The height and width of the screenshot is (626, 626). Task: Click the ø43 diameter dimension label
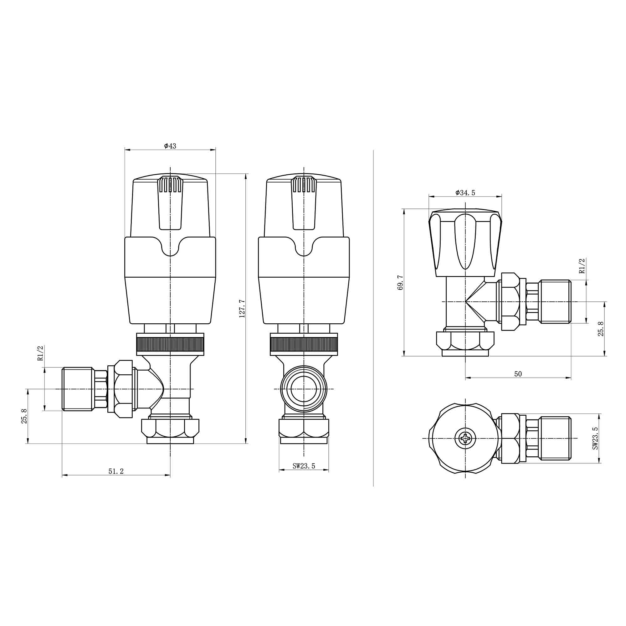pyautogui.click(x=170, y=146)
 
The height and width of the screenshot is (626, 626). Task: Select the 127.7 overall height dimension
pyautogui.click(x=242, y=309)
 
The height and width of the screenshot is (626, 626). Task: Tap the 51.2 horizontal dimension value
pyautogui.click(x=116, y=471)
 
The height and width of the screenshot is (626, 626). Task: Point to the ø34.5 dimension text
pyautogui.click(x=465, y=193)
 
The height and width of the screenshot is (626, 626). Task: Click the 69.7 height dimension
pyautogui.click(x=401, y=283)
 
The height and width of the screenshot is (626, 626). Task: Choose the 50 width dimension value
pyautogui.click(x=518, y=374)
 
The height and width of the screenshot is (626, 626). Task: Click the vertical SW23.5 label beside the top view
pyautogui.click(x=595, y=438)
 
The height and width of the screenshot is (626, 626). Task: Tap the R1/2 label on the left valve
pyautogui.click(x=40, y=353)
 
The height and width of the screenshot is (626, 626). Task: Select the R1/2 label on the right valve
pyautogui.click(x=582, y=266)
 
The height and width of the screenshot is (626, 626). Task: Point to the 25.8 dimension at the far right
pyautogui.click(x=601, y=329)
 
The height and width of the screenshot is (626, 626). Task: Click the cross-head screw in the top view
pyautogui.click(x=465, y=439)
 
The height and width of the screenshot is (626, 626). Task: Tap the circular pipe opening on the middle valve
pyautogui.click(x=304, y=389)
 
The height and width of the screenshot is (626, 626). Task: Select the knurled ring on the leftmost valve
pyautogui.click(x=170, y=345)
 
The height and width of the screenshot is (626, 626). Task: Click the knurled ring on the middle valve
pyautogui.click(x=304, y=345)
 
